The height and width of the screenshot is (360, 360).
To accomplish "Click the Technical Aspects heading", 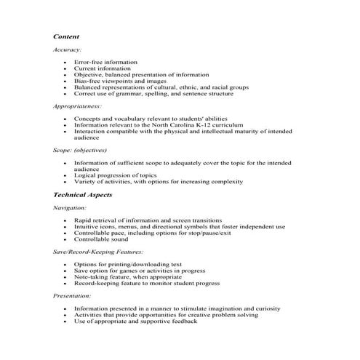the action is (x=82, y=195).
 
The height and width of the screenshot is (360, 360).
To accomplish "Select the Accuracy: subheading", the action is (x=68, y=49).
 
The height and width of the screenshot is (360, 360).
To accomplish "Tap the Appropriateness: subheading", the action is (x=78, y=106).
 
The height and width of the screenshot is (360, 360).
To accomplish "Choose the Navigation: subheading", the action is (x=71, y=208).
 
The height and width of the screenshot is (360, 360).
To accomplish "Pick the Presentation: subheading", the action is (x=73, y=296).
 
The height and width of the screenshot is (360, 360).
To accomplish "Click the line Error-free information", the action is (x=105, y=63).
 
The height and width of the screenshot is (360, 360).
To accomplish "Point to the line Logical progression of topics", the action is (x=116, y=175).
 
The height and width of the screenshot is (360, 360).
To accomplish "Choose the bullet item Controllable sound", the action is (x=101, y=239).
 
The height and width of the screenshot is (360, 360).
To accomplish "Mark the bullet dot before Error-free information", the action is (x=65, y=63).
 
